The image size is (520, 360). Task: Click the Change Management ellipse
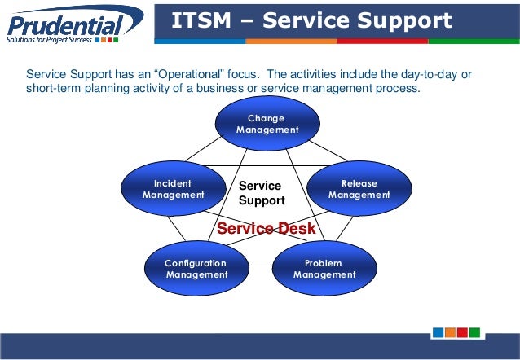point(267,123)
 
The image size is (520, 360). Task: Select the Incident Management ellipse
point(174,188)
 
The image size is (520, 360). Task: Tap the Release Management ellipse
point(359,188)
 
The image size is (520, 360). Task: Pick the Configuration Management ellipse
point(196,268)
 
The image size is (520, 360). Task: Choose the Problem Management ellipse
point(324,268)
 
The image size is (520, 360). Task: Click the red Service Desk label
point(266,228)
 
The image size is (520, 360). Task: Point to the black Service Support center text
point(262,193)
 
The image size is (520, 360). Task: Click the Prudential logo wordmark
point(65,26)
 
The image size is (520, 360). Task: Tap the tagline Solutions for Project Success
point(49,40)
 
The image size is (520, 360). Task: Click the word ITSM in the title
point(201,20)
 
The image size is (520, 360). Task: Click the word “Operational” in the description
point(189,74)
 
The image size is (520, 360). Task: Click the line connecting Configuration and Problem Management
point(261,266)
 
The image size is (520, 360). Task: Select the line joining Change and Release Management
point(328,151)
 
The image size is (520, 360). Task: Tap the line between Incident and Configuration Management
point(176,228)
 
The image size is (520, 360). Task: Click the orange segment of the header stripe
point(291,42)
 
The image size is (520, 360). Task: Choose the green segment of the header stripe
point(474,42)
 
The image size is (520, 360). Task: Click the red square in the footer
point(462,332)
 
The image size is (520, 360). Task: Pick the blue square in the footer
point(438,332)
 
